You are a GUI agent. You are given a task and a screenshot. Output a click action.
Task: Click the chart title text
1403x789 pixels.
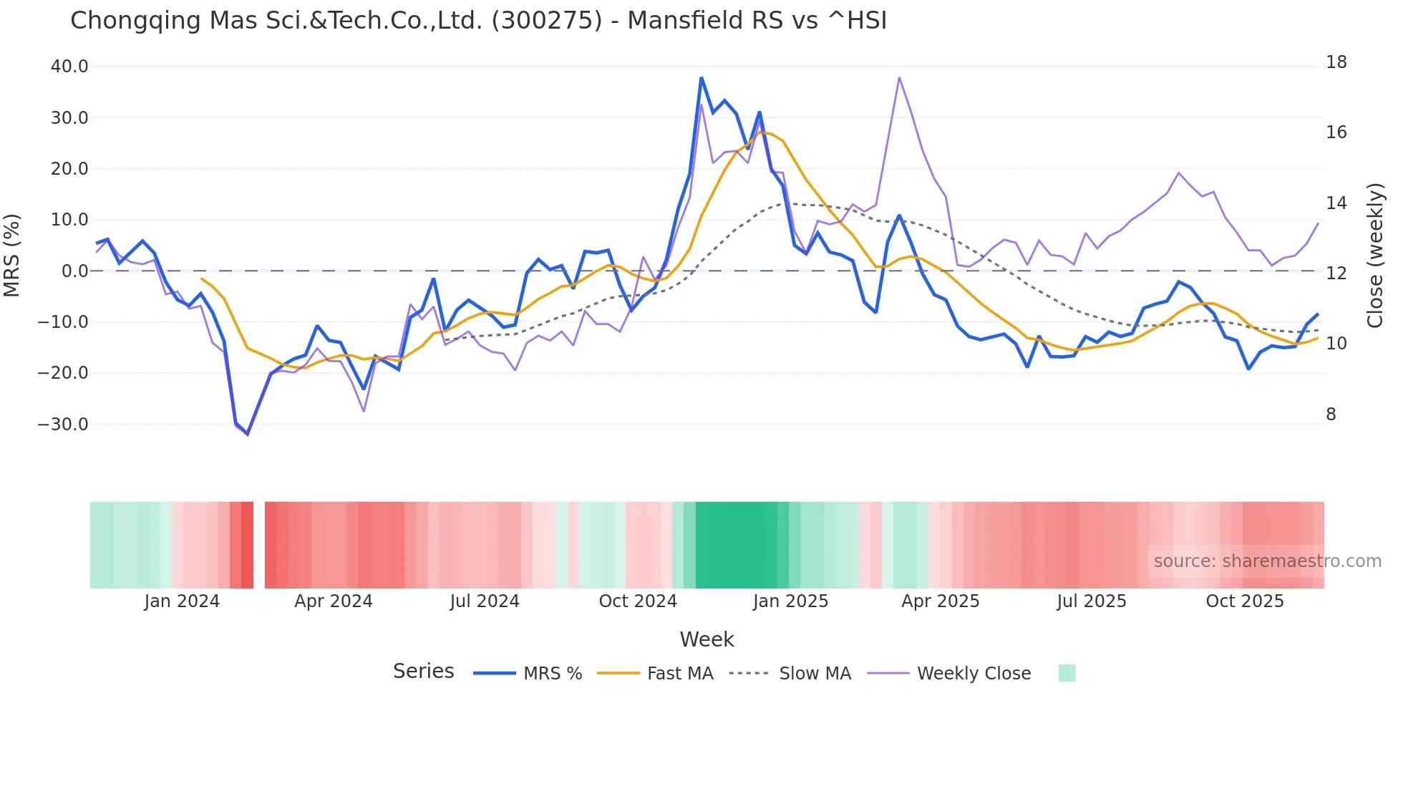(478, 21)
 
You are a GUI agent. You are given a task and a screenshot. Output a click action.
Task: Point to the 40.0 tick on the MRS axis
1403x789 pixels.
(69, 67)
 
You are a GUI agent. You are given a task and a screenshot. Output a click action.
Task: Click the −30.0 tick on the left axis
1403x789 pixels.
(63, 424)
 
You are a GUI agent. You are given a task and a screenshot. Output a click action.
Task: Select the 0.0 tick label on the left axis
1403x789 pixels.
(74, 271)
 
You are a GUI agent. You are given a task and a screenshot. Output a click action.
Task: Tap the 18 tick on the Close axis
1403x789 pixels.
(1336, 62)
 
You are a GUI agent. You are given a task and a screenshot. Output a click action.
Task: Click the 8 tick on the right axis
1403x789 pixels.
(1331, 415)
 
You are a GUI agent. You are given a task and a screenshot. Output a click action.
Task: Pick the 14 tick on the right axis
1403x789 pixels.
(1336, 203)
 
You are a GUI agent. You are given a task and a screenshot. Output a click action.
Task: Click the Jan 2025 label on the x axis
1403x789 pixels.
(790, 601)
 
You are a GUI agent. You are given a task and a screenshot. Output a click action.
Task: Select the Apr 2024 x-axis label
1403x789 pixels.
(334, 601)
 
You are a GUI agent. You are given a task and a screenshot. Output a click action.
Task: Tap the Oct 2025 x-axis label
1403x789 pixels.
(1245, 601)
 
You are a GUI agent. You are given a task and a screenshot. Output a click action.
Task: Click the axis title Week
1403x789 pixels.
(707, 639)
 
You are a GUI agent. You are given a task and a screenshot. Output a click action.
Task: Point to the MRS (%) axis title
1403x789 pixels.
(12, 255)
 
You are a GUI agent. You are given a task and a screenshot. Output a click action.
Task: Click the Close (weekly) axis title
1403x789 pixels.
(1374, 255)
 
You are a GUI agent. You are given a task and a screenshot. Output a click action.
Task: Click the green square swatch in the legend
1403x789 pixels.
(1067, 673)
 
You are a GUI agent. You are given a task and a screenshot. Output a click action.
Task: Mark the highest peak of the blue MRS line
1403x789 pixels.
(701, 78)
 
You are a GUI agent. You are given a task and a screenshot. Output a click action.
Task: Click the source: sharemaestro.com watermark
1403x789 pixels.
(1267, 561)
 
